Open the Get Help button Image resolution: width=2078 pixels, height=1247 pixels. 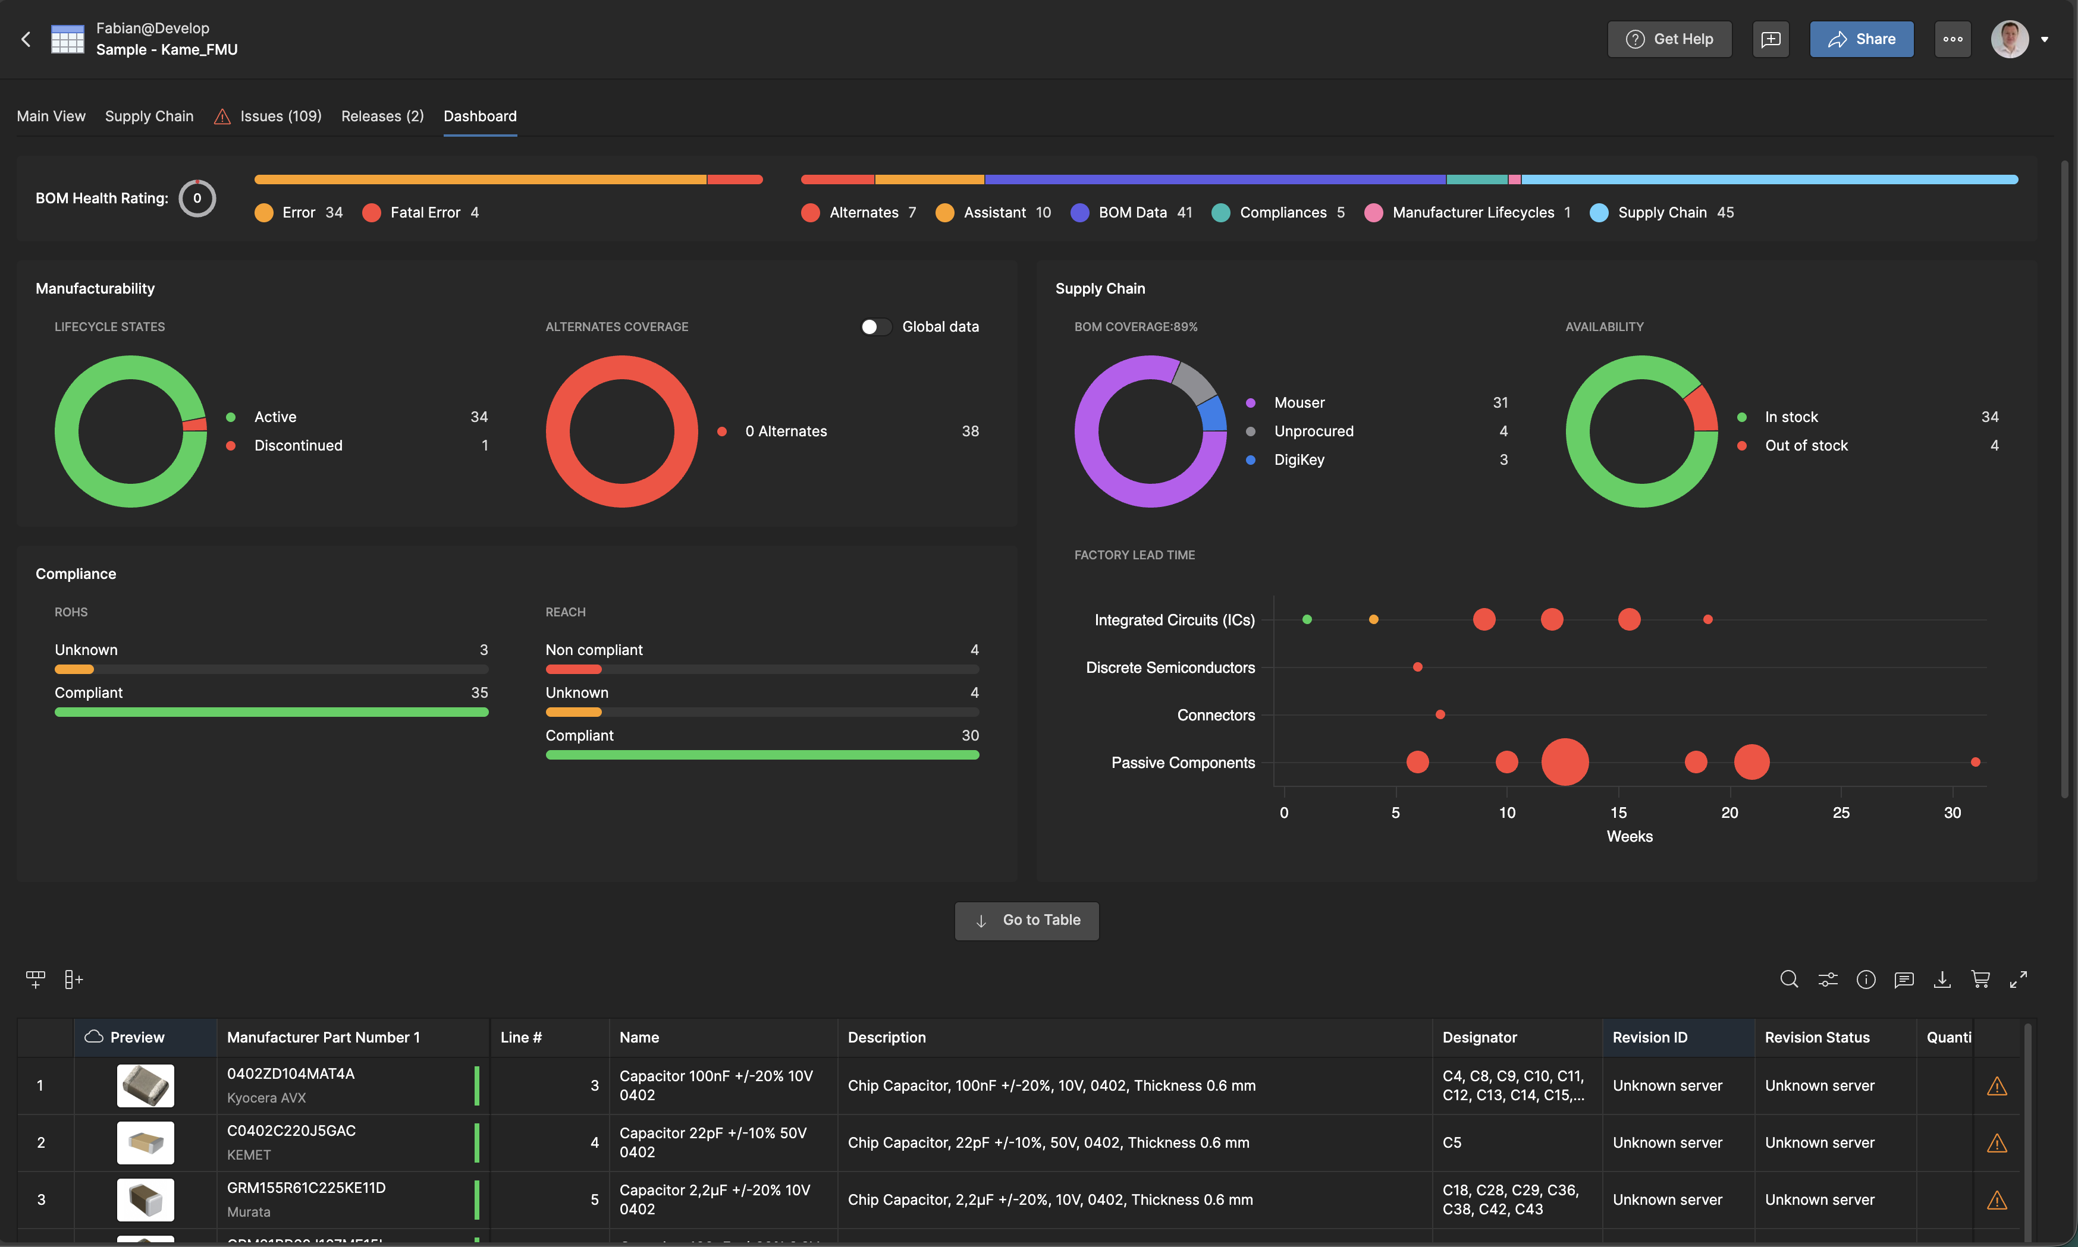pos(1669,39)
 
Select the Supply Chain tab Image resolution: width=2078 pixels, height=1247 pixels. pos(149,116)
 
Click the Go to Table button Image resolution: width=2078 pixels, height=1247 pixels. pos(1027,920)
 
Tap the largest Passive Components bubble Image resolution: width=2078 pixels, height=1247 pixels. pos(1564,762)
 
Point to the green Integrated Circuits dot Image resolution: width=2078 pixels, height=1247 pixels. pos(1306,619)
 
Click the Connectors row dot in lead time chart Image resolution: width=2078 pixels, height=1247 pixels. pos(1440,714)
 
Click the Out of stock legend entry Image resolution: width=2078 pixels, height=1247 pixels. pos(1806,445)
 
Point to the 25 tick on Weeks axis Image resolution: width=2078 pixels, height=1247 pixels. pos(1840,812)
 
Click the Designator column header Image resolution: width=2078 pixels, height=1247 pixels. pos(1480,1037)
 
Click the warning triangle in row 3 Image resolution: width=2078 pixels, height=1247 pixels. pos(1997,1200)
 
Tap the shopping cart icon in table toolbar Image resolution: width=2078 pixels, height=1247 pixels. pos(1980,979)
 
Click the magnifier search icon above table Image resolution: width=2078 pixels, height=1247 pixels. pos(1789,979)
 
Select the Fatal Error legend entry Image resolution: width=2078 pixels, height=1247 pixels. pos(425,213)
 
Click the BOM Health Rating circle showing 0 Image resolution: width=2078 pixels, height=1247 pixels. pos(197,199)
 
